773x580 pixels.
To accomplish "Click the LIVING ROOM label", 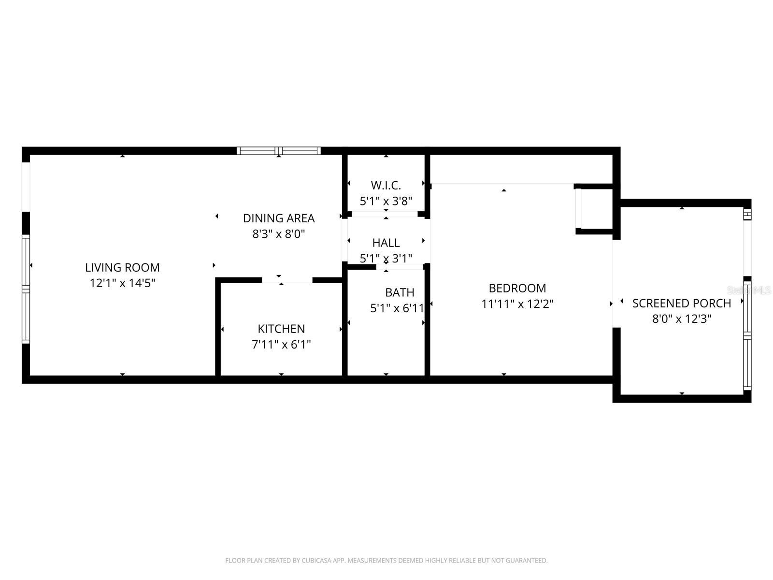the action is [x=122, y=268].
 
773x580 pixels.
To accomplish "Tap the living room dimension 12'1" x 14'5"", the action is [x=122, y=283].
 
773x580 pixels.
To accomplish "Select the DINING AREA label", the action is [x=279, y=218].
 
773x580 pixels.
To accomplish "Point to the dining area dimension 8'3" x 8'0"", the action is [x=279, y=234].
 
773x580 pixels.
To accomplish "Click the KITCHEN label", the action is [x=281, y=329].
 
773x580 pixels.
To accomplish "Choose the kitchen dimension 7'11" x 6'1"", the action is [x=281, y=345].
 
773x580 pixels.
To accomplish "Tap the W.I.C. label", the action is [x=386, y=186].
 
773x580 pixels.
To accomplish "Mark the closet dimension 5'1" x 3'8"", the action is [x=386, y=201].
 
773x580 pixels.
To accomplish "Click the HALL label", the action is [x=386, y=243].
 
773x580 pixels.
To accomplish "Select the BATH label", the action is [x=400, y=292].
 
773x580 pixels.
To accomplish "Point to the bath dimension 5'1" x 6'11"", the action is [x=397, y=308].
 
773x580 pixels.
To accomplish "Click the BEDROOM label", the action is [x=517, y=289].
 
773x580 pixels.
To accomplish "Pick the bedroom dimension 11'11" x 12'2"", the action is [x=517, y=304].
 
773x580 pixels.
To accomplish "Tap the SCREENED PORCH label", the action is [x=681, y=304].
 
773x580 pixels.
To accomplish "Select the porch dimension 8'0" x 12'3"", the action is [x=681, y=319].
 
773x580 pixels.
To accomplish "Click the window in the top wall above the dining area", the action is [x=279, y=151].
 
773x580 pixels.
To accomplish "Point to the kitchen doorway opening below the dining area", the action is [x=287, y=281].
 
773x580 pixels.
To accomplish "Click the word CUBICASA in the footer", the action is [x=316, y=560].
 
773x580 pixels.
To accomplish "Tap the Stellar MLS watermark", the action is [x=749, y=290].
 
